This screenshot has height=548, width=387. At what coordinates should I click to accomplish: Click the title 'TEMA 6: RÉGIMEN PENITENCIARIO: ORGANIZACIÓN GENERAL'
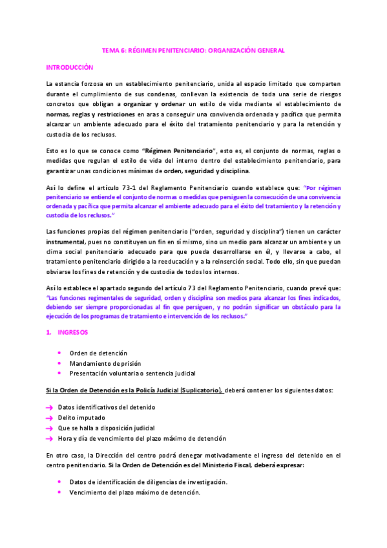click(194, 50)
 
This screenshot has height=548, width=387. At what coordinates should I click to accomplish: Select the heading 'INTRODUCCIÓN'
click(70, 67)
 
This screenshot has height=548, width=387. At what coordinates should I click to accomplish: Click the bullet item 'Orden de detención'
click(98, 353)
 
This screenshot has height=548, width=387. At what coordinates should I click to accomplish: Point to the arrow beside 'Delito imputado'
click(50, 418)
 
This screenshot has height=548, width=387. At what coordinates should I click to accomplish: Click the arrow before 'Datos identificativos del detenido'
click(50, 408)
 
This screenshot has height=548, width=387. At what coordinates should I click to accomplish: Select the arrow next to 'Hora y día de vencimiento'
click(50, 439)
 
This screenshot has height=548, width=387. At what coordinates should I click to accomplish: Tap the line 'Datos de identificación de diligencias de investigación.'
click(148, 482)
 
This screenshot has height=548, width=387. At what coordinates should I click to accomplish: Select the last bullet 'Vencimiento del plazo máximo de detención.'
click(134, 492)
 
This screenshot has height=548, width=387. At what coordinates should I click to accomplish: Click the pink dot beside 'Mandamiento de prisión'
click(59, 363)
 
